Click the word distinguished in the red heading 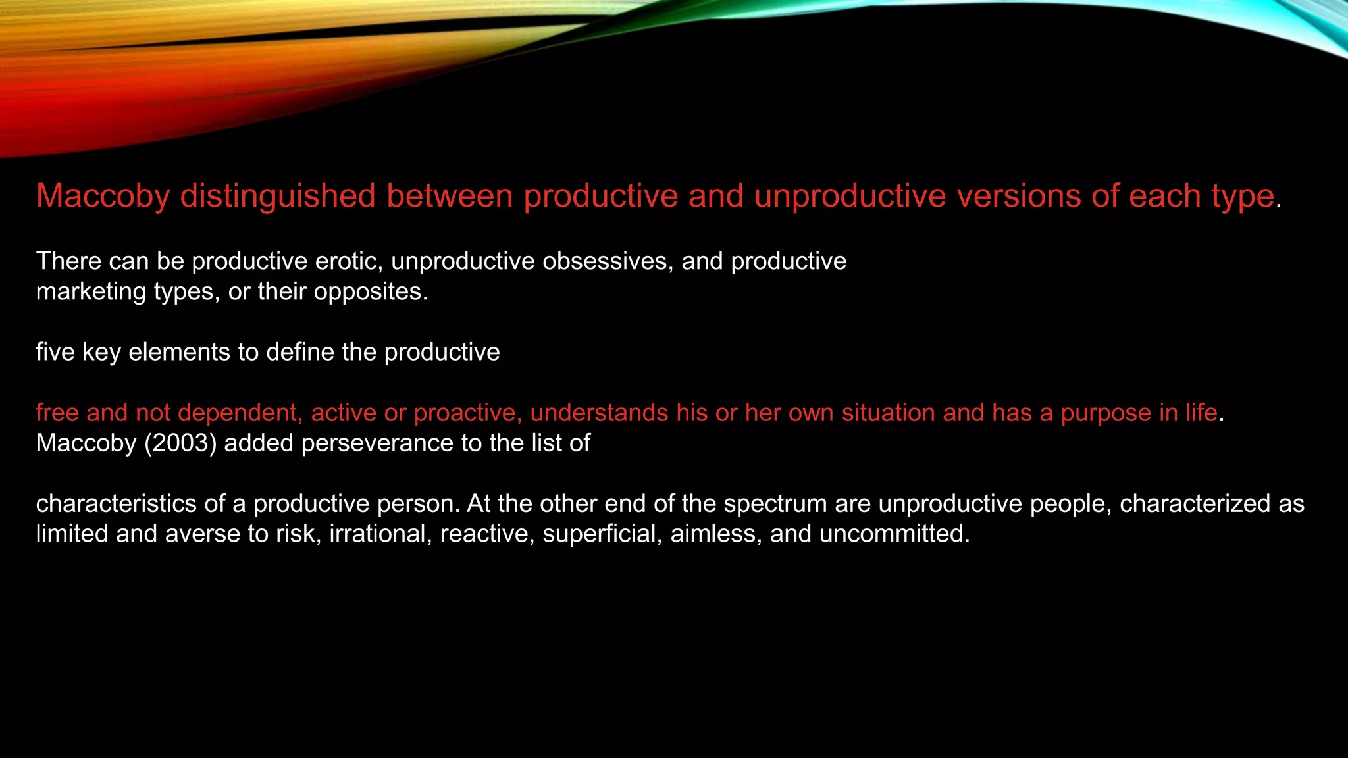click(x=277, y=196)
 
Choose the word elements click(x=180, y=352)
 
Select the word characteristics click(x=116, y=503)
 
